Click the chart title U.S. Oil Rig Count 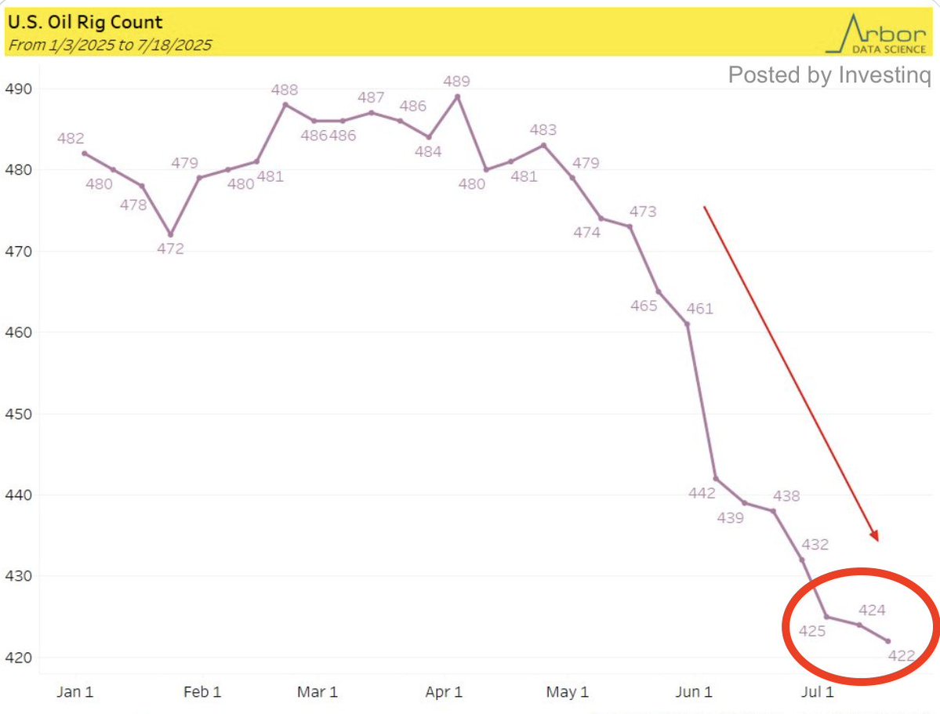(85, 22)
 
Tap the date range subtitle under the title (109, 45)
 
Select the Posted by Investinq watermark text (830, 75)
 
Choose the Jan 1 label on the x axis (74, 692)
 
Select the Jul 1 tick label (817, 692)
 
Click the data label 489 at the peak (457, 81)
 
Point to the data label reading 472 (170, 249)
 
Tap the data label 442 (702, 493)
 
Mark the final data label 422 (902, 656)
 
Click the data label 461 (699, 308)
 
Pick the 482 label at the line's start (71, 138)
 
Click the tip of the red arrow (877, 541)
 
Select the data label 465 (644, 306)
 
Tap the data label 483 (543, 130)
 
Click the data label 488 (285, 89)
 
